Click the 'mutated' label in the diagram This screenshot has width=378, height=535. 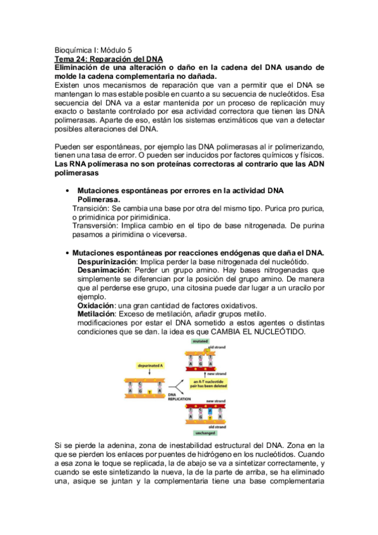(200, 341)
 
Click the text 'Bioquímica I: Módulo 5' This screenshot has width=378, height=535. (94, 48)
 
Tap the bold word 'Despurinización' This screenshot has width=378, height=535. (107, 261)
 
